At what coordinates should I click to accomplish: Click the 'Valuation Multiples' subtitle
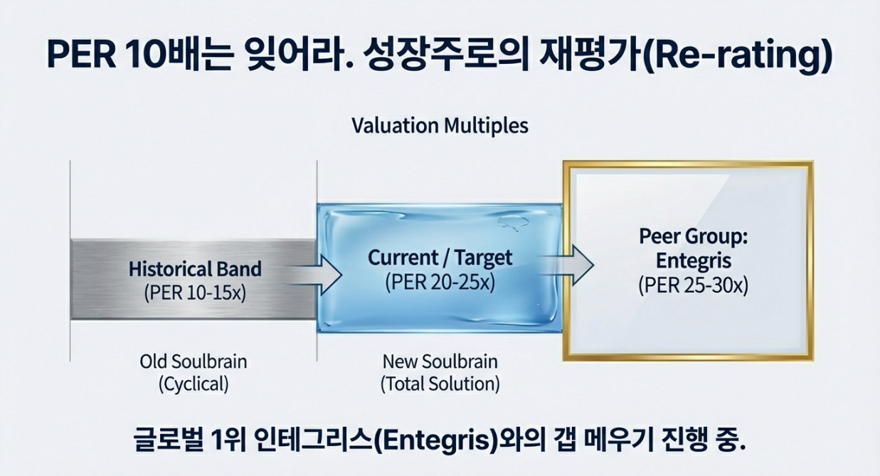point(440,126)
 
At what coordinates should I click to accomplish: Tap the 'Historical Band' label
point(195,270)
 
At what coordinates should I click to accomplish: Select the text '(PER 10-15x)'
point(195,292)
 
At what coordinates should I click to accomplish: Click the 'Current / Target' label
point(440,258)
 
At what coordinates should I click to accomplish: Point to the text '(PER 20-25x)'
point(440,281)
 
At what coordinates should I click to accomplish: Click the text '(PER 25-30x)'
point(687,285)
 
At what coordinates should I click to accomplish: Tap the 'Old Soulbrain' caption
point(194,361)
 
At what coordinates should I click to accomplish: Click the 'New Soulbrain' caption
point(440,361)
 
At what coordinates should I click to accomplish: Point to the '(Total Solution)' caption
point(440,384)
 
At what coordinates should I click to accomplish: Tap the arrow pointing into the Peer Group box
point(573,266)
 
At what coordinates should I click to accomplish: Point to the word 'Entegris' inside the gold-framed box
point(687,261)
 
